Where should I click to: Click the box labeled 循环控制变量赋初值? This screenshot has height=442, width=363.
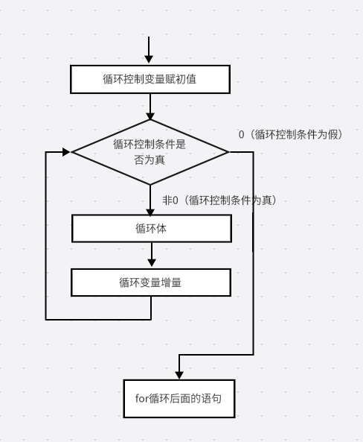[x=150, y=79]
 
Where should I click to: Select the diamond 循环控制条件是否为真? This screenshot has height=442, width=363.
[x=150, y=152]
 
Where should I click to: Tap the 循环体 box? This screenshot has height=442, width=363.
[x=152, y=228]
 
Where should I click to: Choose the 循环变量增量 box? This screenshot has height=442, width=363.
[x=151, y=282]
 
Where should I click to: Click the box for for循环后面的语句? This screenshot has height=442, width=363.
[x=179, y=399]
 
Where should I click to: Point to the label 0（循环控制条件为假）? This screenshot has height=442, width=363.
[x=291, y=134]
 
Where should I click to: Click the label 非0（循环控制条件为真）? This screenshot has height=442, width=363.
[x=219, y=201]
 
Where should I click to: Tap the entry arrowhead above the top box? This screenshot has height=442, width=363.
[x=149, y=59]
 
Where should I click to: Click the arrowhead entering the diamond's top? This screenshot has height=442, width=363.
[x=150, y=116]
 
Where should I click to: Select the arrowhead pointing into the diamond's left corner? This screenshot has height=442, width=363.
[x=66, y=152]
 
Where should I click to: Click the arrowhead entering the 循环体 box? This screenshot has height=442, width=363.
[x=150, y=212]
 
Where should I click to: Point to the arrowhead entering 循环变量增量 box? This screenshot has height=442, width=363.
[x=152, y=262]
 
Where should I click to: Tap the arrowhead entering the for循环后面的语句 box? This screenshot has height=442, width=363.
[x=179, y=376]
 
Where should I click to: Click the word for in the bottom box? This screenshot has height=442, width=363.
[x=142, y=398]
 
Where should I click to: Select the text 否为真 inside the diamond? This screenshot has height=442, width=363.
[x=150, y=160]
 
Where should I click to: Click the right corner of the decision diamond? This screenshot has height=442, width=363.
[x=229, y=152]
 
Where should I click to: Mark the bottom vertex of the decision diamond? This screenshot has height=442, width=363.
[x=150, y=185]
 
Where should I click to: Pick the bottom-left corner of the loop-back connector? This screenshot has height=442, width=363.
[x=46, y=320]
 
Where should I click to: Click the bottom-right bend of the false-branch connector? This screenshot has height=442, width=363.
[x=253, y=355]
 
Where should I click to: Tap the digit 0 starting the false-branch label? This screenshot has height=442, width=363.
[x=241, y=135]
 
